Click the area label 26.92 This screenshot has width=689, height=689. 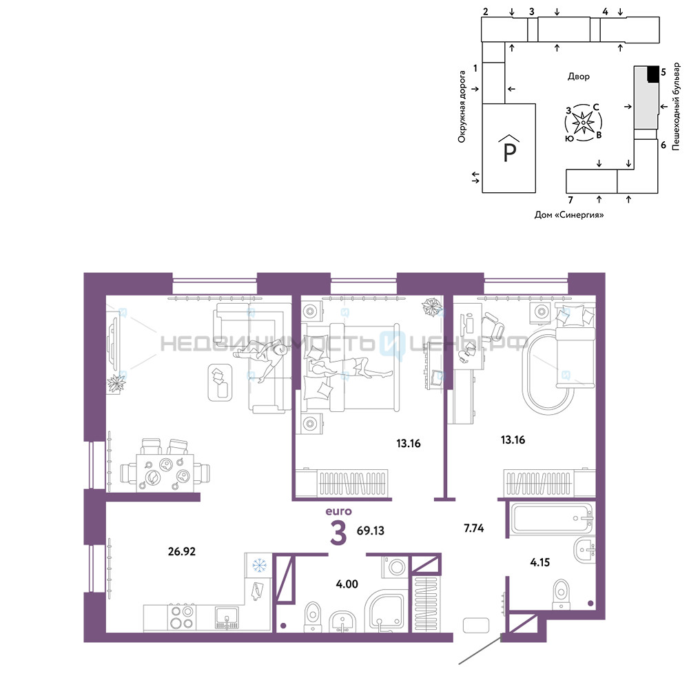[181, 551]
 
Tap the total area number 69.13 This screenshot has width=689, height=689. [371, 531]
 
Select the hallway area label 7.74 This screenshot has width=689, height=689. [474, 528]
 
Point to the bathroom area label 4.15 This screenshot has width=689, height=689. [540, 562]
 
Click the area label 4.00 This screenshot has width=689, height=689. [347, 584]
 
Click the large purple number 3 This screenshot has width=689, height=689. [338, 532]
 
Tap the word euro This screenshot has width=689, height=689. [338, 511]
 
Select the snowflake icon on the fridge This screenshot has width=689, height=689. [259, 565]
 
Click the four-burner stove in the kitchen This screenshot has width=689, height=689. [182, 617]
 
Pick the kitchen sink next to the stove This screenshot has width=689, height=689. [227, 618]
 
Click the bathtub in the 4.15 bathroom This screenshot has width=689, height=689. [551, 519]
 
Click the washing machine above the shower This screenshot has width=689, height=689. [396, 567]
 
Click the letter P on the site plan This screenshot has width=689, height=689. [509, 152]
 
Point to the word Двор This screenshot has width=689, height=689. [578, 76]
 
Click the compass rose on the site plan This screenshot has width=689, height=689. [583, 123]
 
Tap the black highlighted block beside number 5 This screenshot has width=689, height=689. [653, 74]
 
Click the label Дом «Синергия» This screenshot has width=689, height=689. [568, 215]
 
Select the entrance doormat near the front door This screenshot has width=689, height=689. [476, 626]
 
